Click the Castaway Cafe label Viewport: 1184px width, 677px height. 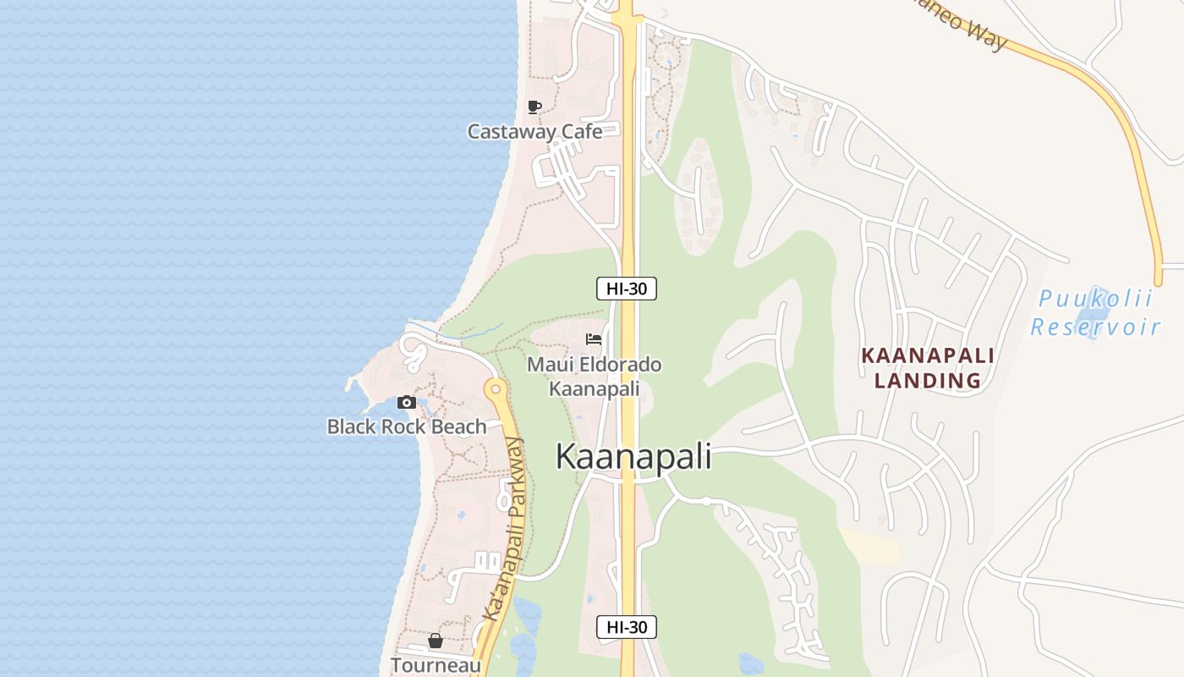tap(534, 131)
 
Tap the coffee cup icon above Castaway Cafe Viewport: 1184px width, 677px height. tap(534, 107)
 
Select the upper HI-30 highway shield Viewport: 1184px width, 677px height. tap(627, 289)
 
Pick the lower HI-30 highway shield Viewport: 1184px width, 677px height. tap(627, 627)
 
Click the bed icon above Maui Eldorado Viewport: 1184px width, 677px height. tap(594, 339)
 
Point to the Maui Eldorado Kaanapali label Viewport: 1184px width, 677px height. tap(594, 377)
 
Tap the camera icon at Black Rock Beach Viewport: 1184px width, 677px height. tap(407, 402)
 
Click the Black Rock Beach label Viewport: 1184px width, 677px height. tap(407, 427)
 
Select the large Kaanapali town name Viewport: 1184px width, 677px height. tap(633, 457)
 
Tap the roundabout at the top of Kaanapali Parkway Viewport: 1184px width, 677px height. tap(496, 390)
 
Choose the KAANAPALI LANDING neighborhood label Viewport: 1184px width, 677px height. tap(928, 368)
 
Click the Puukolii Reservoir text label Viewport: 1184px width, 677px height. tap(1096, 313)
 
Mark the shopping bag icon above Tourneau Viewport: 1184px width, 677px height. tap(435, 641)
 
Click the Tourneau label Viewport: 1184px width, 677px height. tap(435, 665)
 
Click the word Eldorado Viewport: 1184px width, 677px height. tap(617, 365)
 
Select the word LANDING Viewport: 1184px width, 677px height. tap(928, 381)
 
